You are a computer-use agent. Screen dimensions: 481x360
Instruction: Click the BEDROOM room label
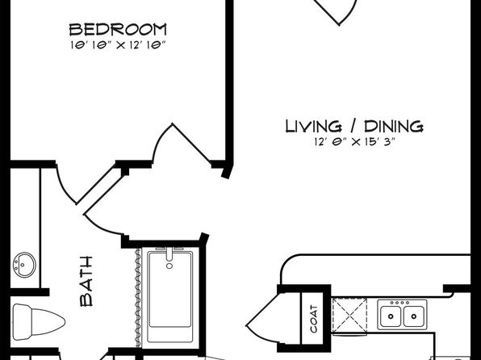(118, 30)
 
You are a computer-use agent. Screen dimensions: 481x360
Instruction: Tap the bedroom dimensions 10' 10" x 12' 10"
(118, 45)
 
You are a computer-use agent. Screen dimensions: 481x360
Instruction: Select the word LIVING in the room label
(313, 126)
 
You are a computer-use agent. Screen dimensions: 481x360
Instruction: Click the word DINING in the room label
(394, 126)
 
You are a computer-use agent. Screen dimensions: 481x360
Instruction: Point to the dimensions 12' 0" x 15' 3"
(354, 142)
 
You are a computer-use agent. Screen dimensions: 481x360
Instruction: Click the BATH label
(86, 282)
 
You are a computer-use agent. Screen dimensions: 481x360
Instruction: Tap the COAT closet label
(313, 319)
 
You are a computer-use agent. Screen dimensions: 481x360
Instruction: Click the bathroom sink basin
(24, 265)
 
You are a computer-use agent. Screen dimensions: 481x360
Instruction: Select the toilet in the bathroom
(39, 322)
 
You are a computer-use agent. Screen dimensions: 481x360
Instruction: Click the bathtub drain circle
(169, 266)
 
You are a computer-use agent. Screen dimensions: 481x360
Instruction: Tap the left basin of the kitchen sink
(391, 316)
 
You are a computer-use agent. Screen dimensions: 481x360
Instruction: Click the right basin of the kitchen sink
(414, 316)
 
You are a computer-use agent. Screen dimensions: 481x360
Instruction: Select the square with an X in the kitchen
(349, 315)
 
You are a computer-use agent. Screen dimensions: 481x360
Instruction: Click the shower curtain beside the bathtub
(138, 298)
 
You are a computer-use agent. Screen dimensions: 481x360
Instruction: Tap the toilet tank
(23, 322)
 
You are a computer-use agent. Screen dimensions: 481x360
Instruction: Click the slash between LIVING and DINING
(353, 126)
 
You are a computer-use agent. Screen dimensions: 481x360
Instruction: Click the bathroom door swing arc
(102, 225)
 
